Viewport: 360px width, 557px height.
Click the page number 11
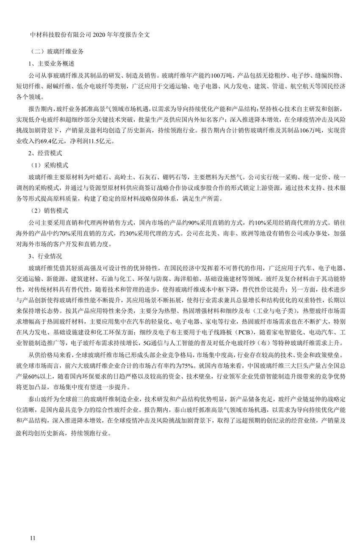tap(33, 538)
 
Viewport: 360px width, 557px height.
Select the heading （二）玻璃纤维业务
tap(57, 51)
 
